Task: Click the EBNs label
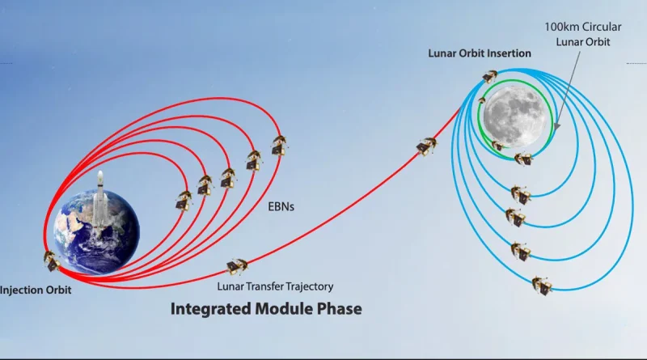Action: click(281, 206)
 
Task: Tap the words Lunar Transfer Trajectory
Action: click(275, 286)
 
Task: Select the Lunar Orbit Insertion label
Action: click(480, 53)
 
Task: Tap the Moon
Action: click(514, 116)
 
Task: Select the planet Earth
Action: click(96, 231)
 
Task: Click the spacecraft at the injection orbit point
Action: click(52, 261)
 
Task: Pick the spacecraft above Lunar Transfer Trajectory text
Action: click(237, 267)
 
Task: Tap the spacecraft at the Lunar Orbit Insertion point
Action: click(489, 76)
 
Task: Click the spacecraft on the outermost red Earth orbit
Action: click(279, 146)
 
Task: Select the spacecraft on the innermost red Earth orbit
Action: click(184, 201)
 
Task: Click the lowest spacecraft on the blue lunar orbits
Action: click(542, 286)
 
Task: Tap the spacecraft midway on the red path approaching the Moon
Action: click(426, 146)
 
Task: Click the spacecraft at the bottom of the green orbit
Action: click(523, 159)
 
